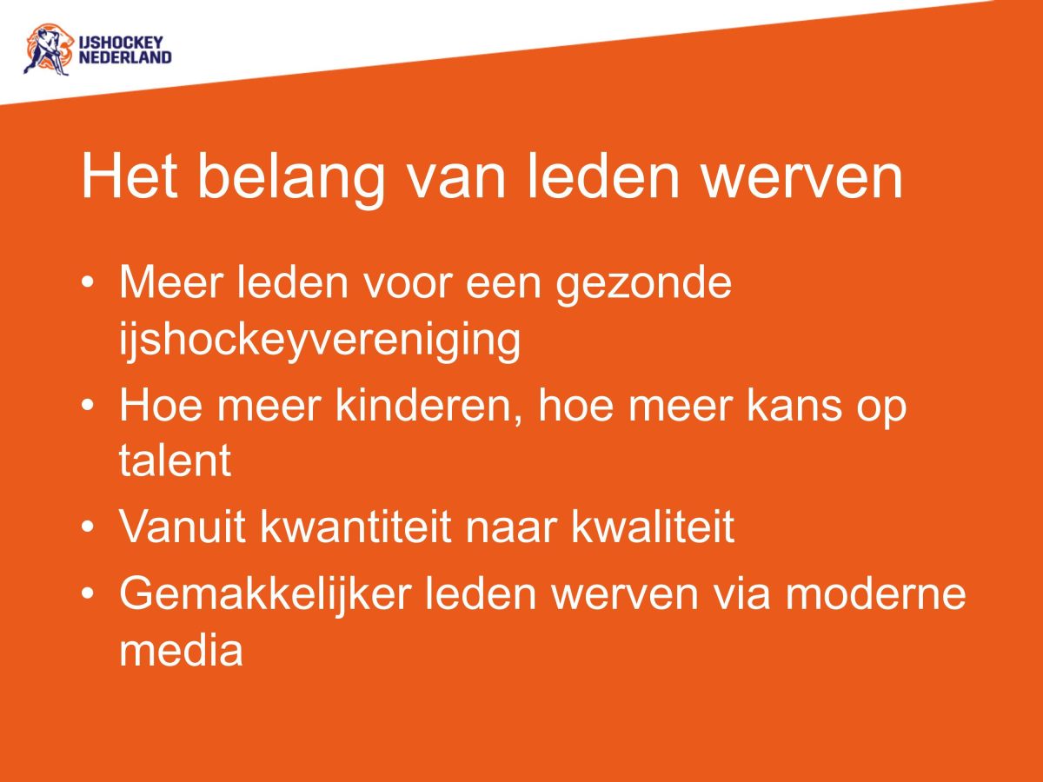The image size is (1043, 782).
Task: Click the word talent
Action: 175,461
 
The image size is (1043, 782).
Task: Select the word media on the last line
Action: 181,649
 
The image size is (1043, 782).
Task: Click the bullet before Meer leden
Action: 88,286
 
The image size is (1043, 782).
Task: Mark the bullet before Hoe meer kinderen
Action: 88,408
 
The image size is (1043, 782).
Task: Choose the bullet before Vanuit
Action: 88,527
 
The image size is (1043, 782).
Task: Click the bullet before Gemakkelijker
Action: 88,595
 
